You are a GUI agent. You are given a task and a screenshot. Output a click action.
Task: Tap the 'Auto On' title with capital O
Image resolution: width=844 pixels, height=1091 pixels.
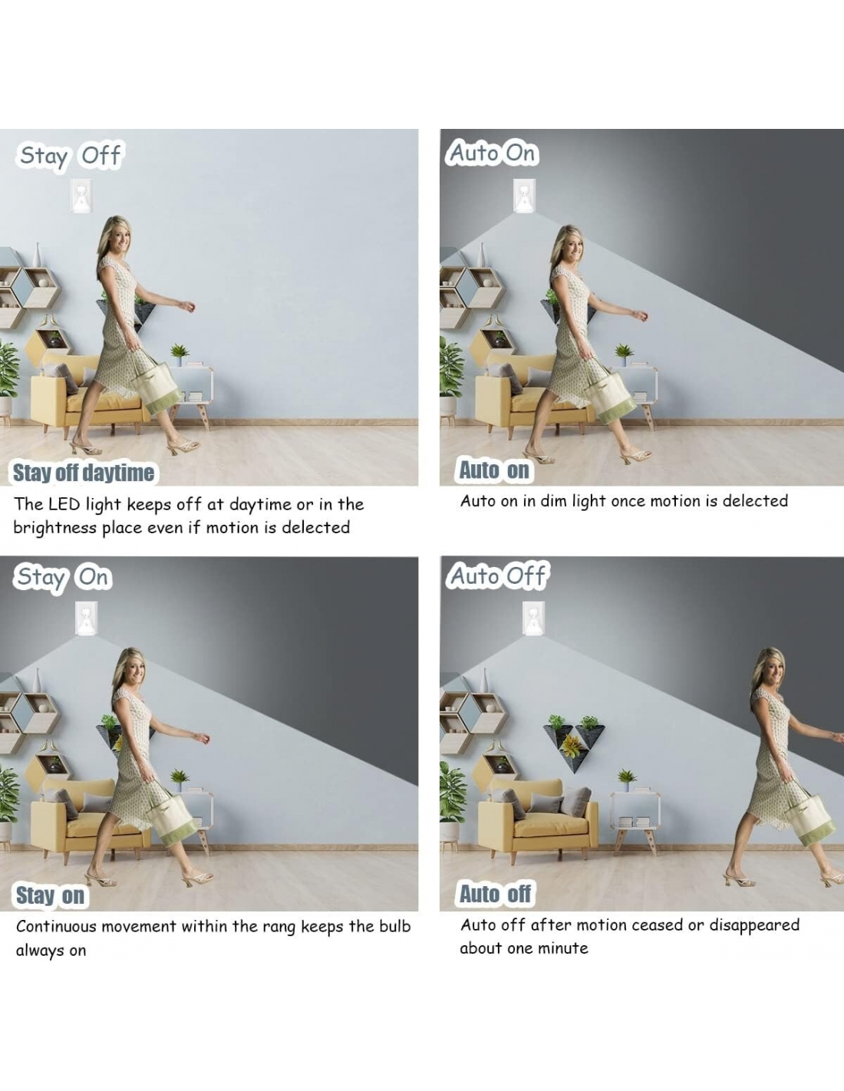492,153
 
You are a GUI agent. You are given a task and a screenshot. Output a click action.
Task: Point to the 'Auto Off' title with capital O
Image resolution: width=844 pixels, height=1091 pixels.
497,575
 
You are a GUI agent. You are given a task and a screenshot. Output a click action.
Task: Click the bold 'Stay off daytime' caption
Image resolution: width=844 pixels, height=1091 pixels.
84,473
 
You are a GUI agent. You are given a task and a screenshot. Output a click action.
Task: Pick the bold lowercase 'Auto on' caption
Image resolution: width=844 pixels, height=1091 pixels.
494,470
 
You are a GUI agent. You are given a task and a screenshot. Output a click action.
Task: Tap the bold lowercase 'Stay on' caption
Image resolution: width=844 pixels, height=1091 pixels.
50,895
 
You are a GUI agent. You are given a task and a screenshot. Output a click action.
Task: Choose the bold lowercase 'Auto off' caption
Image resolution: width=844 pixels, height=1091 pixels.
495,894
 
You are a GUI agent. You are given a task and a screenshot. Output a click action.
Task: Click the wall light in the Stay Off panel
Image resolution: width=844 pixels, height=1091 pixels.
81,196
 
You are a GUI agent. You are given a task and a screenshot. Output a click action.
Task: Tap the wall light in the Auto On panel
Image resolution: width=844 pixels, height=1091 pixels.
524,196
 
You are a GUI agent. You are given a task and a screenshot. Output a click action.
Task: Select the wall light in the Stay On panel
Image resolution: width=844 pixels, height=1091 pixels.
86,618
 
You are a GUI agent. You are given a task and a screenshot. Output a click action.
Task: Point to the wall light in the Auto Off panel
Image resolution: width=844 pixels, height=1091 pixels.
532,618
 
